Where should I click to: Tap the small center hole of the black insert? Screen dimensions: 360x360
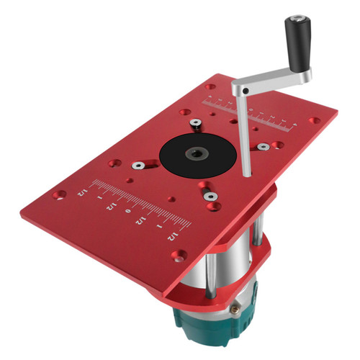tap(196, 153)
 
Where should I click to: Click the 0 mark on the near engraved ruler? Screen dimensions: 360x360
tap(128, 211)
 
